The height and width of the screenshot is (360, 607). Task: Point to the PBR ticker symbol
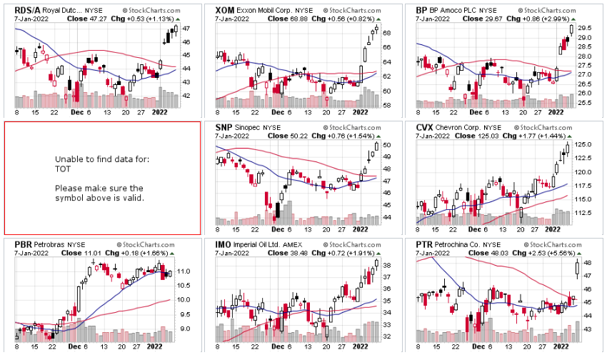click(24, 244)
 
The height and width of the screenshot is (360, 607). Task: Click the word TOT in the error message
click(62, 170)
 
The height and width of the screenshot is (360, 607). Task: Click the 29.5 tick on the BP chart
click(586, 28)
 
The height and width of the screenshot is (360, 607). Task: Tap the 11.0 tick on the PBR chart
click(184, 272)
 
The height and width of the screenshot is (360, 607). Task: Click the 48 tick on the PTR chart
click(588, 263)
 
